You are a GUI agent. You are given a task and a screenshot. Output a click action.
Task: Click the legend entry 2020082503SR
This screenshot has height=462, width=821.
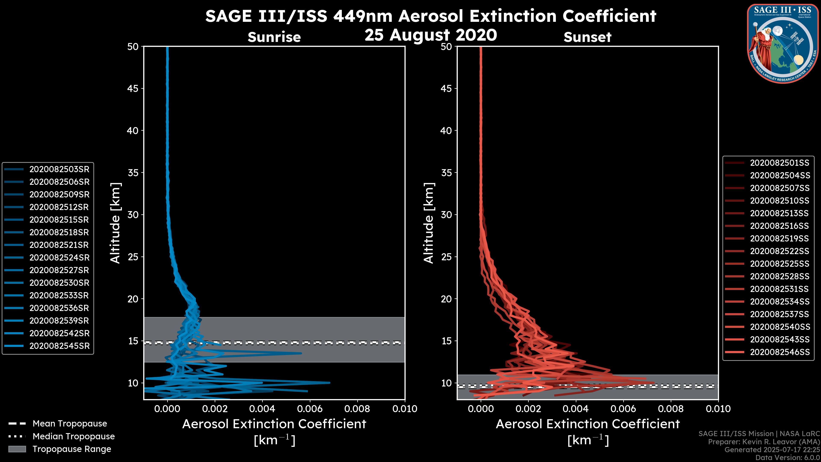pos(59,169)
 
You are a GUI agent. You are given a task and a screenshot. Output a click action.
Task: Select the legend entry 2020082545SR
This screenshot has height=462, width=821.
pos(59,346)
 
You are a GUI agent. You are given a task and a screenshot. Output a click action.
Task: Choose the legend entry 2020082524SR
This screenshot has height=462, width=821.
pos(59,258)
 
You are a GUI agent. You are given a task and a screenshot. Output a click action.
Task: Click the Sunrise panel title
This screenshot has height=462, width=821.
pos(274,37)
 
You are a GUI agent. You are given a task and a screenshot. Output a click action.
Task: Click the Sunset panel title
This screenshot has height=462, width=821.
pos(587,37)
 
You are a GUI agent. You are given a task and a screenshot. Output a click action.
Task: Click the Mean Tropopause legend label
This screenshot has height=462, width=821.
pos(70,423)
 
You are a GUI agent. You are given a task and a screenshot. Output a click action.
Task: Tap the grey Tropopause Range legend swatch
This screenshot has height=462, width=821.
pos(17,449)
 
